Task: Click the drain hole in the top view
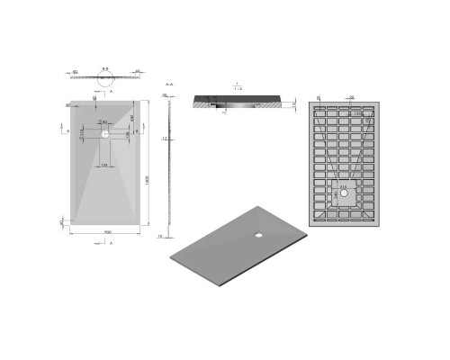pyautogui.click(x=105, y=132)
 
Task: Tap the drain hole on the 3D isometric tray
pyautogui.click(x=260, y=236)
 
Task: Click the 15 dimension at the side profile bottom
pyautogui.click(x=159, y=237)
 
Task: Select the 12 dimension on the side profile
pyautogui.click(x=163, y=139)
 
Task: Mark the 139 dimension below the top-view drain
pyautogui.click(x=105, y=166)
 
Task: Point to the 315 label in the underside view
pyautogui.click(x=343, y=187)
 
